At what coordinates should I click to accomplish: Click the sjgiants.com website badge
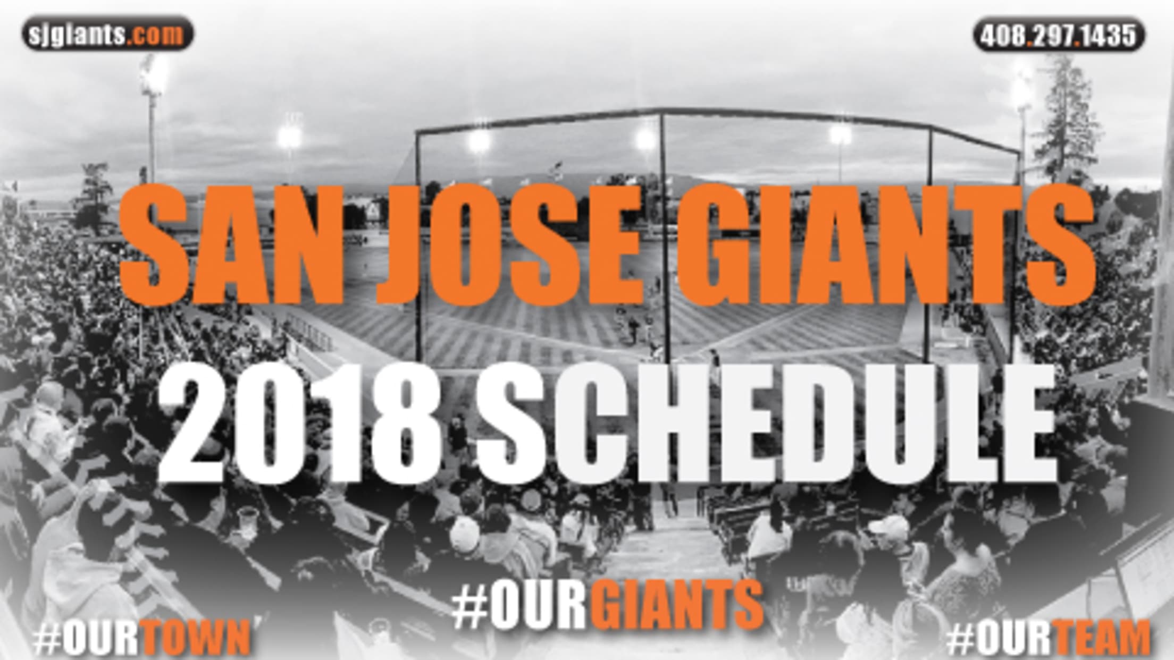coord(107,34)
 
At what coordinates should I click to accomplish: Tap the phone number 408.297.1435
coord(1059,35)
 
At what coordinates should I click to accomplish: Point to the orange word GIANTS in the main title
coord(885,245)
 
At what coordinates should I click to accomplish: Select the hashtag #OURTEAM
coord(1047,639)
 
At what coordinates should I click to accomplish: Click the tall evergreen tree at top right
coord(1066,117)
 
